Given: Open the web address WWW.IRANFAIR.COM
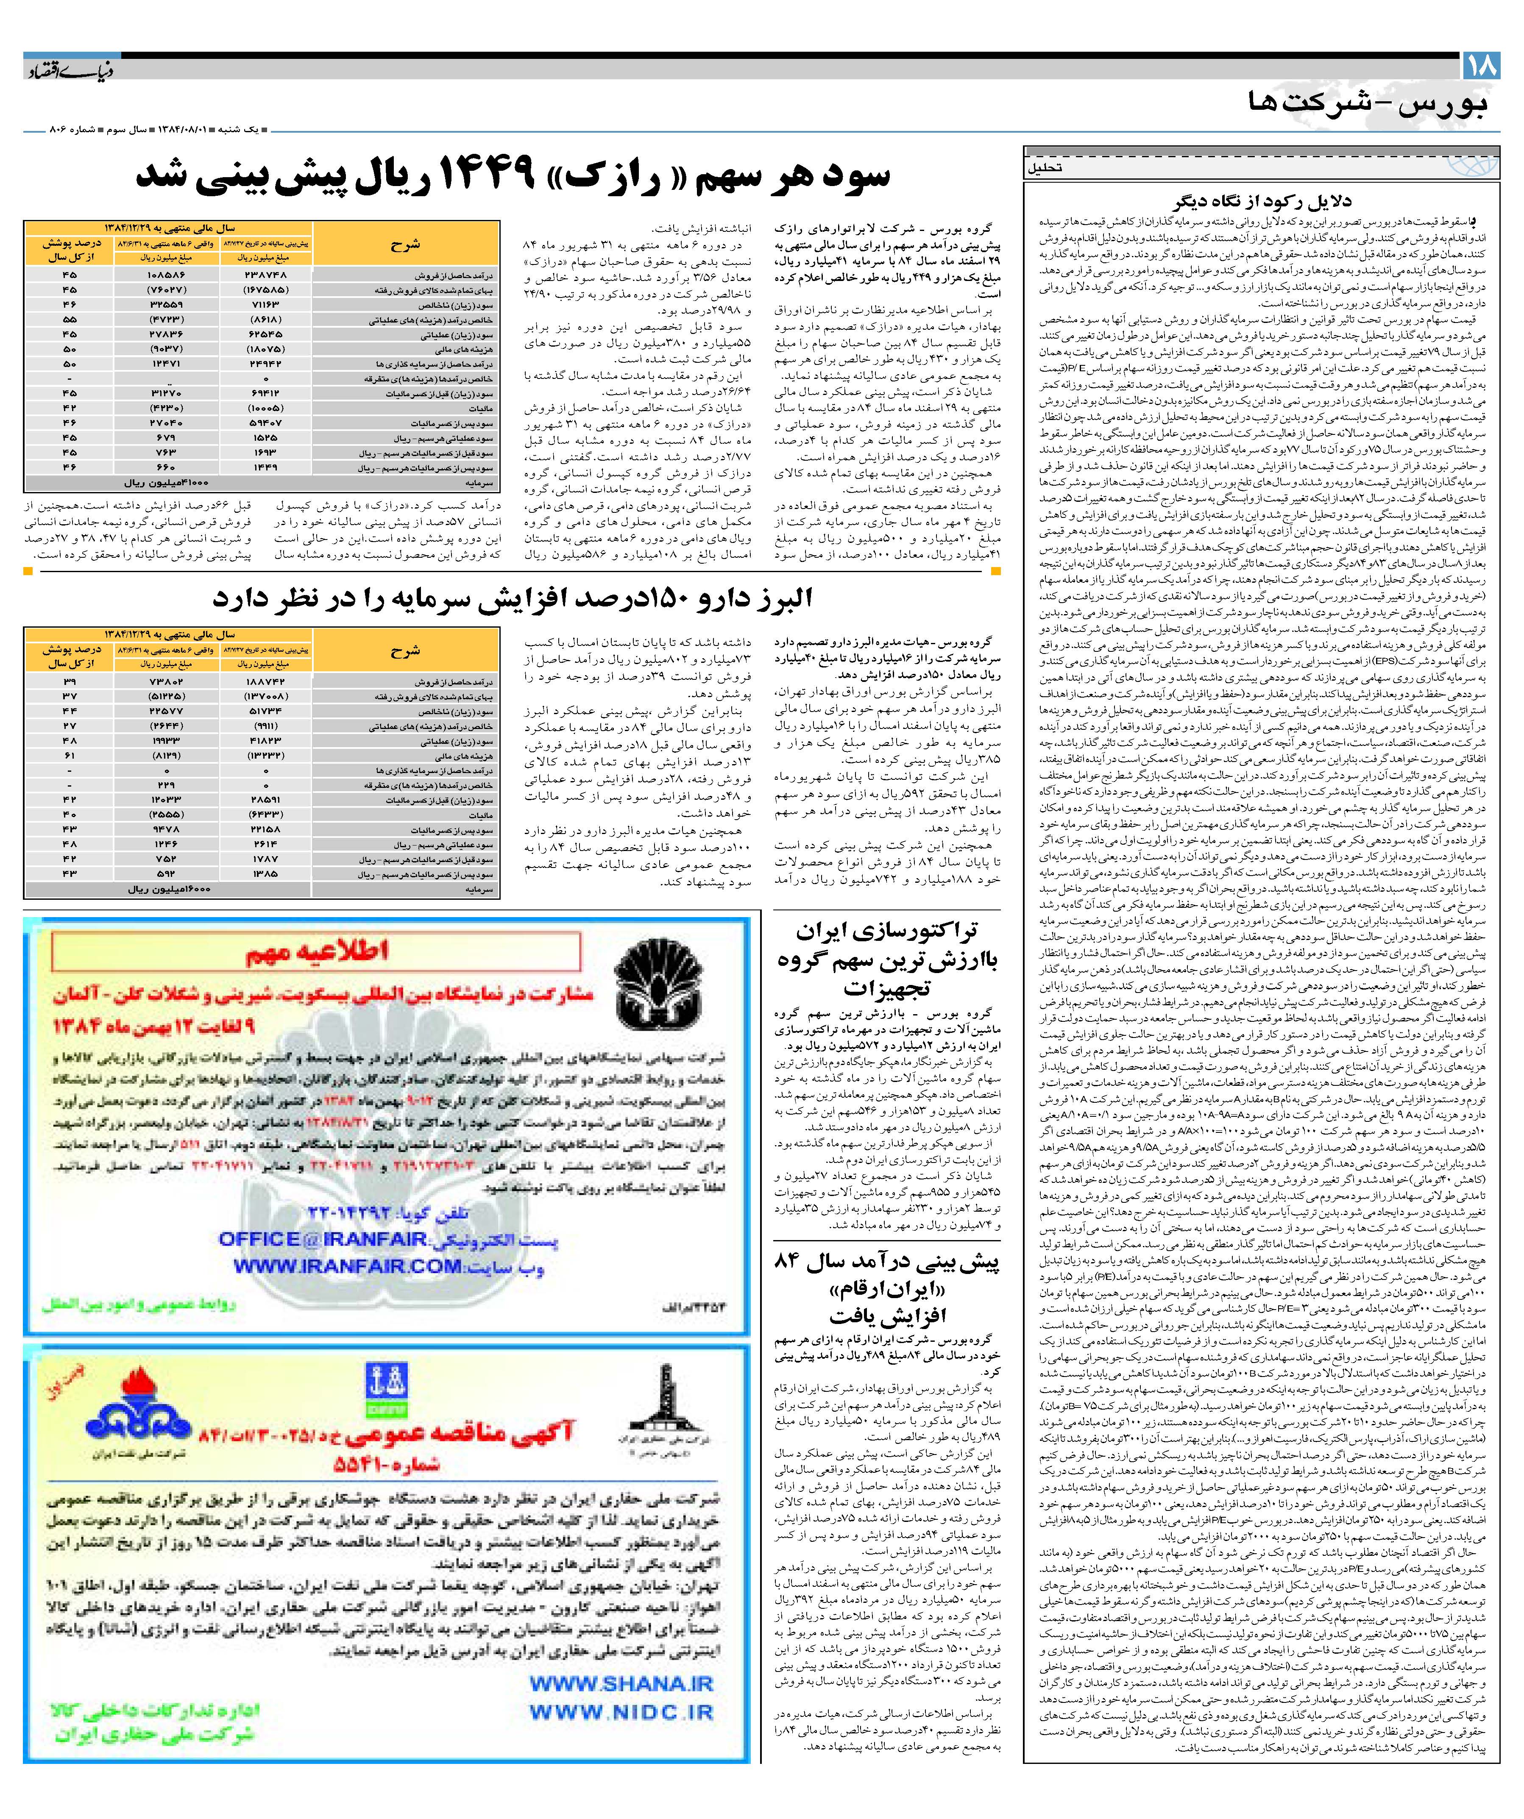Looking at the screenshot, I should coord(347,1266).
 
